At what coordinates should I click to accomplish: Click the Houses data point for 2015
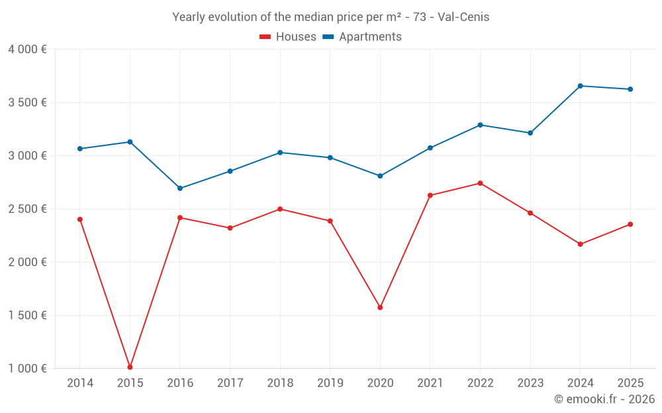point(130,367)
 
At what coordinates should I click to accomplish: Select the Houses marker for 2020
point(380,307)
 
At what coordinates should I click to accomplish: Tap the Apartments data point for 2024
point(580,86)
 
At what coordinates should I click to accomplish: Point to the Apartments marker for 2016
point(180,188)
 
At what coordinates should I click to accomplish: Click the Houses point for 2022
point(480,183)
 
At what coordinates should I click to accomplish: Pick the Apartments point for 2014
point(80,149)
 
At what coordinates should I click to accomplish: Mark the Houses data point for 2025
point(630,224)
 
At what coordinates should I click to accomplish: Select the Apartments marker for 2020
point(380,176)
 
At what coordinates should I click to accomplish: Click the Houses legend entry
point(288,37)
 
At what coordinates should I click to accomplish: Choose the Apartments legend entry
point(362,37)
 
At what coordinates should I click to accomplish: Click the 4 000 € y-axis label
point(27,50)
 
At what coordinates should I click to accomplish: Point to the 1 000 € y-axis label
point(27,368)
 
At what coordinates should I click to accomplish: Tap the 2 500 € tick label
point(27,209)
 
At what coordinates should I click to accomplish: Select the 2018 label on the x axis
point(280,383)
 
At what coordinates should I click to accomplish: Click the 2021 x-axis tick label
point(430,383)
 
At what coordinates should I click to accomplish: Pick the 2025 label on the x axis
point(630,383)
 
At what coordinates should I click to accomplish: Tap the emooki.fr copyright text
point(604,399)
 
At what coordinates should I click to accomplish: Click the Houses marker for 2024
point(580,244)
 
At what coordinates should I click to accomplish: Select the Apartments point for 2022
point(480,125)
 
